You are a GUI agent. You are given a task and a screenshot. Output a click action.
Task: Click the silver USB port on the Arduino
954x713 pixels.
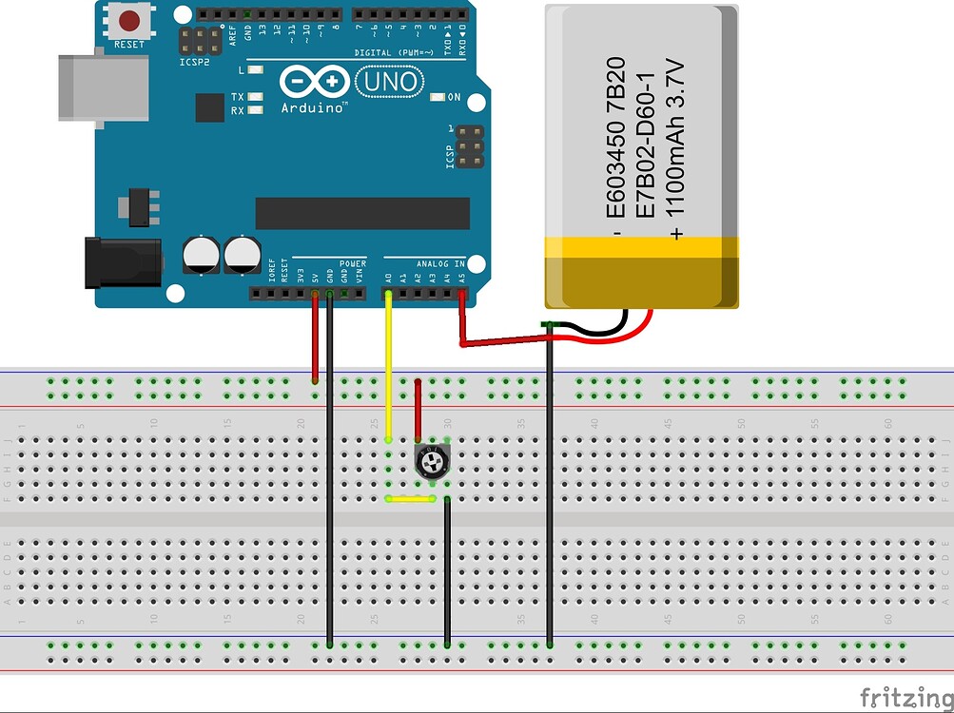(103, 87)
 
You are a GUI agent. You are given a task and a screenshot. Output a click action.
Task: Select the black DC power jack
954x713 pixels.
(121, 262)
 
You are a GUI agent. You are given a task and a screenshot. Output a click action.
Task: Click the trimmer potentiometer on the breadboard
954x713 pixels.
(433, 463)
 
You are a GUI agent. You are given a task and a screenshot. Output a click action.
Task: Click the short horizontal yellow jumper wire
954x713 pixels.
(410, 498)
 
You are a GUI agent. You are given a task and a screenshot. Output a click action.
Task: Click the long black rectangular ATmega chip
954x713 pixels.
(362, 213)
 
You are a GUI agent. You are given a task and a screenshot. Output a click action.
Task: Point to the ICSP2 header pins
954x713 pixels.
(199, 40)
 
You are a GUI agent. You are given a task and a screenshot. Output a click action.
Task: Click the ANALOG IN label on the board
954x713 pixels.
(439, 263)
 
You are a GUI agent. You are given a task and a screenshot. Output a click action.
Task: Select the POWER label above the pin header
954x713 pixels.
(352, 263)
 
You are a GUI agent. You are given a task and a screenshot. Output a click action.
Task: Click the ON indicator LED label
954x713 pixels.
(454, 98)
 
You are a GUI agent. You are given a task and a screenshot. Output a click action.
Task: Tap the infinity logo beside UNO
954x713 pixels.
(313, 82)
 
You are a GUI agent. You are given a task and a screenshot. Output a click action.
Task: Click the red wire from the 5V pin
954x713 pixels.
(315, 337)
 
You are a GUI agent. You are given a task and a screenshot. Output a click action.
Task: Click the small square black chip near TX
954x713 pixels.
(209, 107)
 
